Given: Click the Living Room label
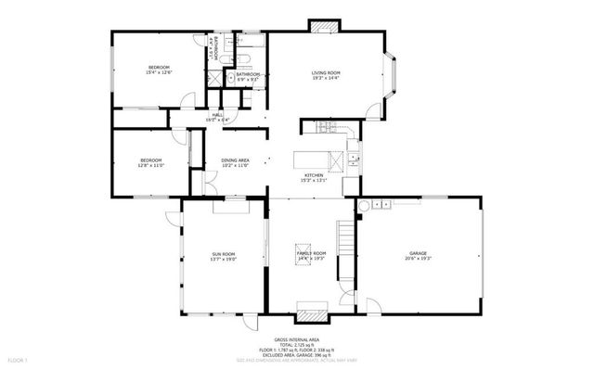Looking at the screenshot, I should (x=327, y=71).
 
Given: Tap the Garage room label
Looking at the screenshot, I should (x=419, y=252).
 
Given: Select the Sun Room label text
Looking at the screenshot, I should (x=224, y=254).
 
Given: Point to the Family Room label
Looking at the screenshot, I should (x=311, y=253).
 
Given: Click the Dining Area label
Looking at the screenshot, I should (x=235, y=160).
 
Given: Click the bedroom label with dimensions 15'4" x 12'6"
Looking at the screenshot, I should (x=160, y=68).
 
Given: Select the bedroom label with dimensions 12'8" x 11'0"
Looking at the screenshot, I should (x=150, y=160).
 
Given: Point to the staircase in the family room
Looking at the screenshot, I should (x=345, y=246).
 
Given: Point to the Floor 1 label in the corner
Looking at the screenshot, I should (x=19, y=359).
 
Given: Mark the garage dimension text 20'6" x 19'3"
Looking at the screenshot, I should (x=419, y=259).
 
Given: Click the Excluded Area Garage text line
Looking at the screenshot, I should (x=297, y=355).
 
